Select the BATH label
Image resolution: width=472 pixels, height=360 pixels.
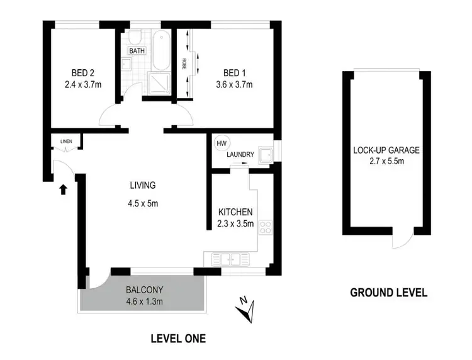136,50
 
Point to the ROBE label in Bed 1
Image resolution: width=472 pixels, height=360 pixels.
184,64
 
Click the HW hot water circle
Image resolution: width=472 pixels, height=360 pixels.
220,143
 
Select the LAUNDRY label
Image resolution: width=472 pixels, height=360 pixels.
240,155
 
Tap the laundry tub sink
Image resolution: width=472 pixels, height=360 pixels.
267,153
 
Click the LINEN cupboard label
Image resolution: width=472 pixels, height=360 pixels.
66,142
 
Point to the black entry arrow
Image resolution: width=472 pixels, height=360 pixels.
62,189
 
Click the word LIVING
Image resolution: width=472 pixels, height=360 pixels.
142,185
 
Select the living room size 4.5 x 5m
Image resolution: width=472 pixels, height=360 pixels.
142,203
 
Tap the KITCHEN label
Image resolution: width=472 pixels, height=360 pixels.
235,211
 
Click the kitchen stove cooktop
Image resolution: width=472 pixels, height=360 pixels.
265,228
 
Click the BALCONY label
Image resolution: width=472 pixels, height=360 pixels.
145,290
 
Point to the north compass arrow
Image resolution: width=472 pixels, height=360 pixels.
246,310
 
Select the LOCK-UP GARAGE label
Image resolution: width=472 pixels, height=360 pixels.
386,150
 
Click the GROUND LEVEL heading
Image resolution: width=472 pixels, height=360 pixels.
388,292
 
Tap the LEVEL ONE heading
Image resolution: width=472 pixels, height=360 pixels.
178,339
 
